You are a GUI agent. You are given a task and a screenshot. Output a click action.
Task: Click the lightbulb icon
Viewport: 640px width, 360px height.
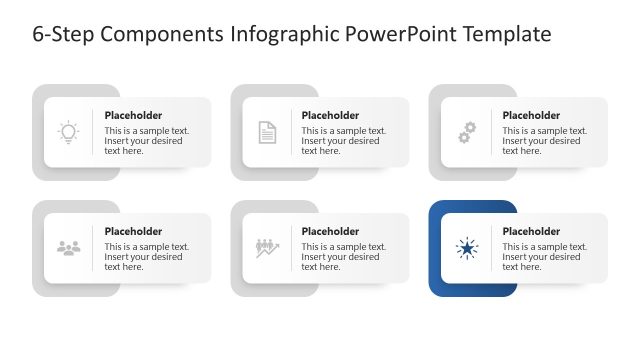tap(68, 132)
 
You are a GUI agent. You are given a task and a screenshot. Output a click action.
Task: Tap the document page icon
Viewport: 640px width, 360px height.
tap(267, 132)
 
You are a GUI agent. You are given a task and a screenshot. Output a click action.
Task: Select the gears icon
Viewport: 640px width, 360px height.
tap(466, 132)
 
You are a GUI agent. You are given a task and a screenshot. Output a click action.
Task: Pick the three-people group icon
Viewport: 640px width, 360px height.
tap(68, 248)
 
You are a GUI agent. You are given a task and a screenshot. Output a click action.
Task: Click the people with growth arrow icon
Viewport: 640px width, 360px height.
tap(267, 248)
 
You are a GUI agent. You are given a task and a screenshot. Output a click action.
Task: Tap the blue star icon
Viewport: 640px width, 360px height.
tap(466, 248)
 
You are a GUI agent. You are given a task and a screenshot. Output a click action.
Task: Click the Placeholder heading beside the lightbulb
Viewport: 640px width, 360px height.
tap(133, 115)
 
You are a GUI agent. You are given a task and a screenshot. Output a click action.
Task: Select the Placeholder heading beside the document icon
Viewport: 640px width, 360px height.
tap(330, 115)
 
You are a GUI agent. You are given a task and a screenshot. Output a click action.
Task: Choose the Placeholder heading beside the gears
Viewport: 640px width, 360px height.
tap(531, 115)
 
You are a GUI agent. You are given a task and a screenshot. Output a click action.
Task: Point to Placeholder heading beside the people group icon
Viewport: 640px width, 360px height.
tap(133, 231)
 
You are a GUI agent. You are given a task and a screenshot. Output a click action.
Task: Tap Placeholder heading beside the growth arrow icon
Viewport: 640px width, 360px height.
tap(330, 231)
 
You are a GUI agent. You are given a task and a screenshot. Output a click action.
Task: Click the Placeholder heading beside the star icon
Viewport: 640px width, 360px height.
tap(531, 231)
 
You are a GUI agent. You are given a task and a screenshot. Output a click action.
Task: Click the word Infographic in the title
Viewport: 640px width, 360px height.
tap(286, 35)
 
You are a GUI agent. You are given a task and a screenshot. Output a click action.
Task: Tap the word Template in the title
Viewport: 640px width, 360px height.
tap(509, 35)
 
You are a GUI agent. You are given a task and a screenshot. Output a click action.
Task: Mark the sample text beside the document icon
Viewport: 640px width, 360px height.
tap(344, 141)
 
